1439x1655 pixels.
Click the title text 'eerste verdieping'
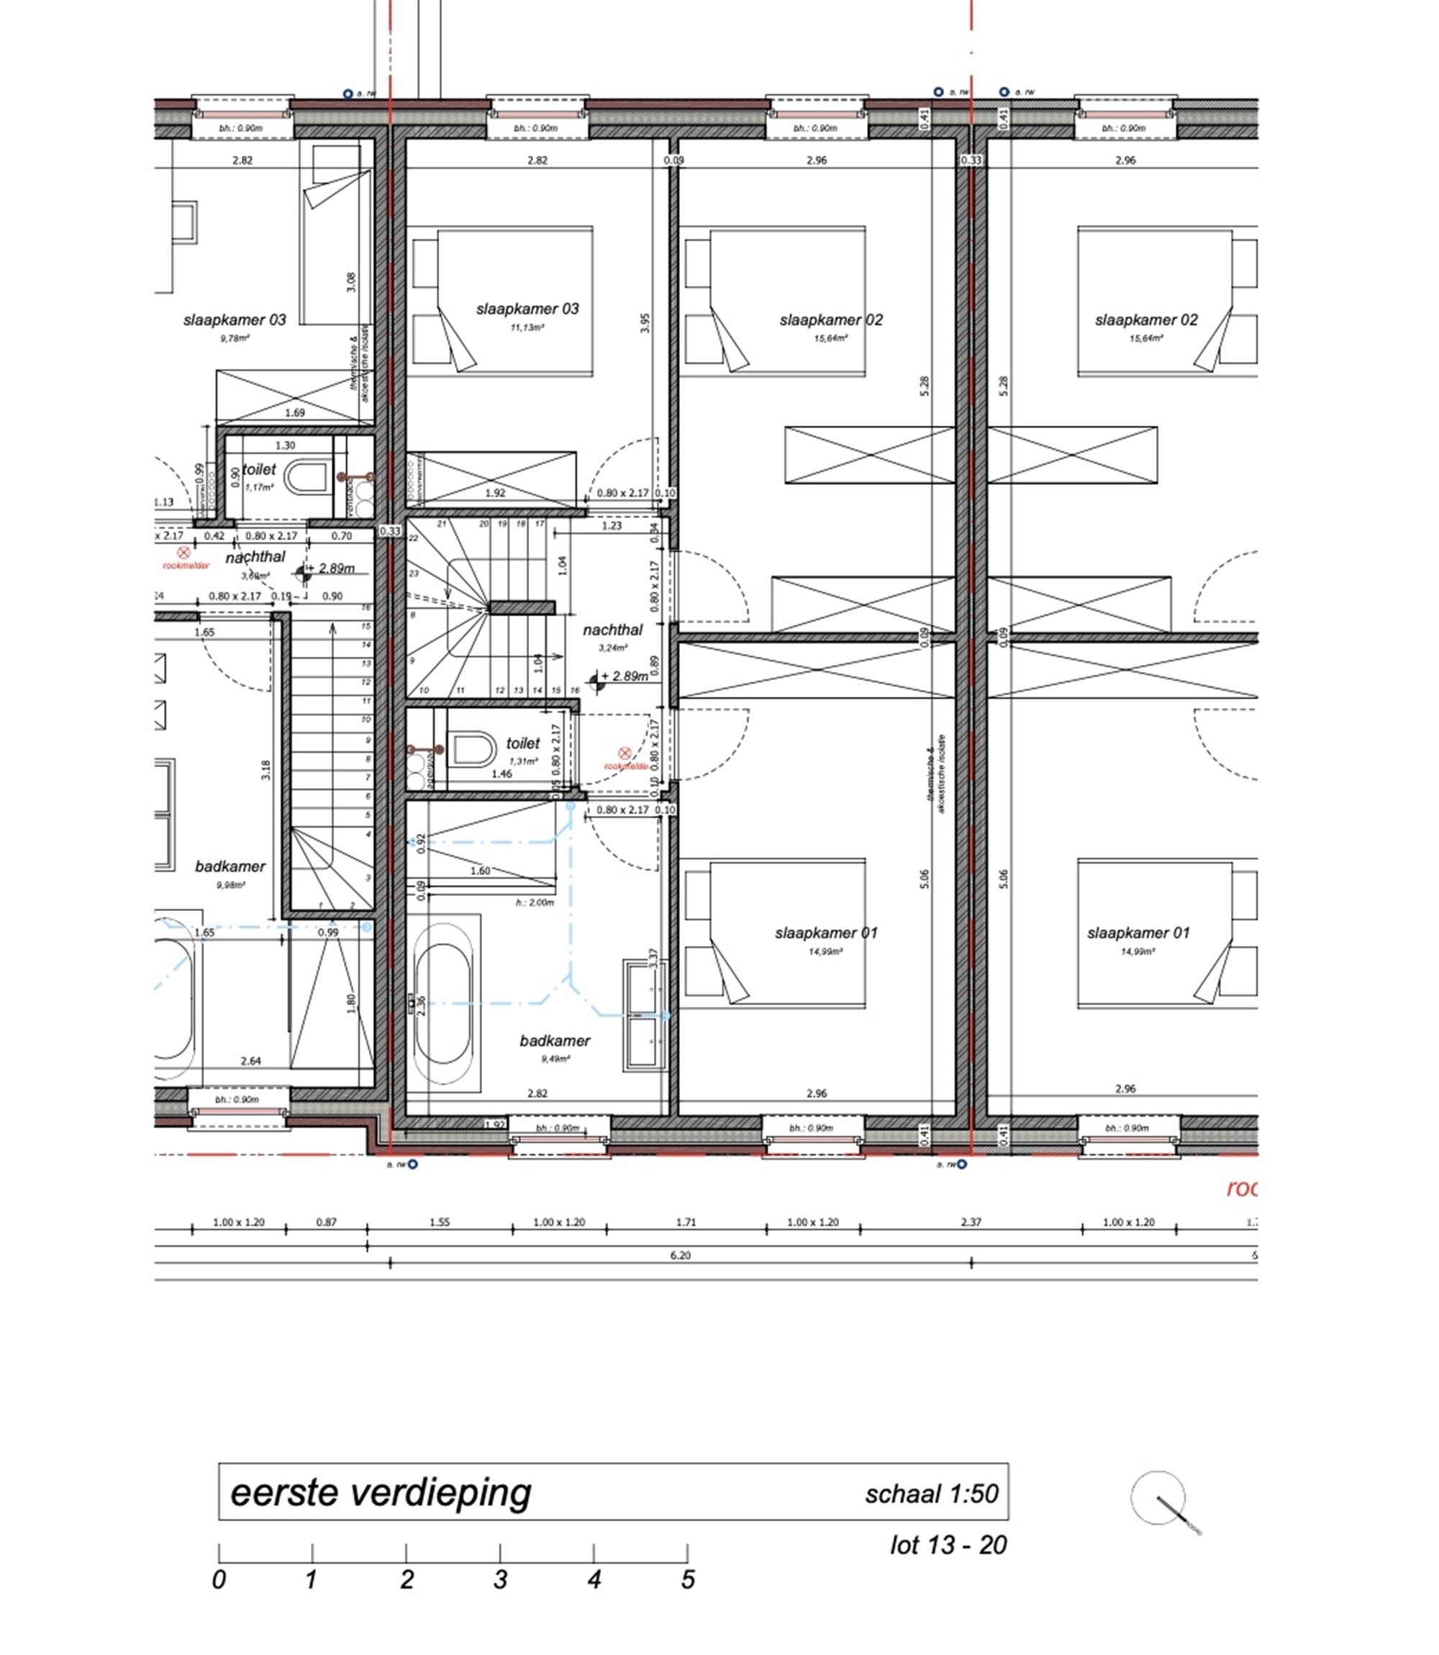381,1494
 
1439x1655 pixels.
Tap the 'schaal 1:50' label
931,1495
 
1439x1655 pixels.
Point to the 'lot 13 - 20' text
948,1545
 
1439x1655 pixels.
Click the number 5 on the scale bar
687,1580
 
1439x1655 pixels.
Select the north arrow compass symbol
1158,1497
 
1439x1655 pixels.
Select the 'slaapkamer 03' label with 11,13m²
527,309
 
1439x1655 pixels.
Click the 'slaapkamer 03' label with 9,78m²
235,320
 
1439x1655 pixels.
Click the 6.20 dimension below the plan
680,1255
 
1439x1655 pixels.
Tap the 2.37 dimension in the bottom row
971,1222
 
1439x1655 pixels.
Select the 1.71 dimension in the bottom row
686,1222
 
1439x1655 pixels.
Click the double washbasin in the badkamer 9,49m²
644,1015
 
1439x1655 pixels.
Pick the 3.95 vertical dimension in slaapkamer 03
645,323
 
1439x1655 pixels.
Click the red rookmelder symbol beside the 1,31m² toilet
625,753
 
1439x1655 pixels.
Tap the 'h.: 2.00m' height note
534,902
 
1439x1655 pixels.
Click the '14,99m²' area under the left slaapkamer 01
825,953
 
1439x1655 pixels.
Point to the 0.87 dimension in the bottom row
326,1222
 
